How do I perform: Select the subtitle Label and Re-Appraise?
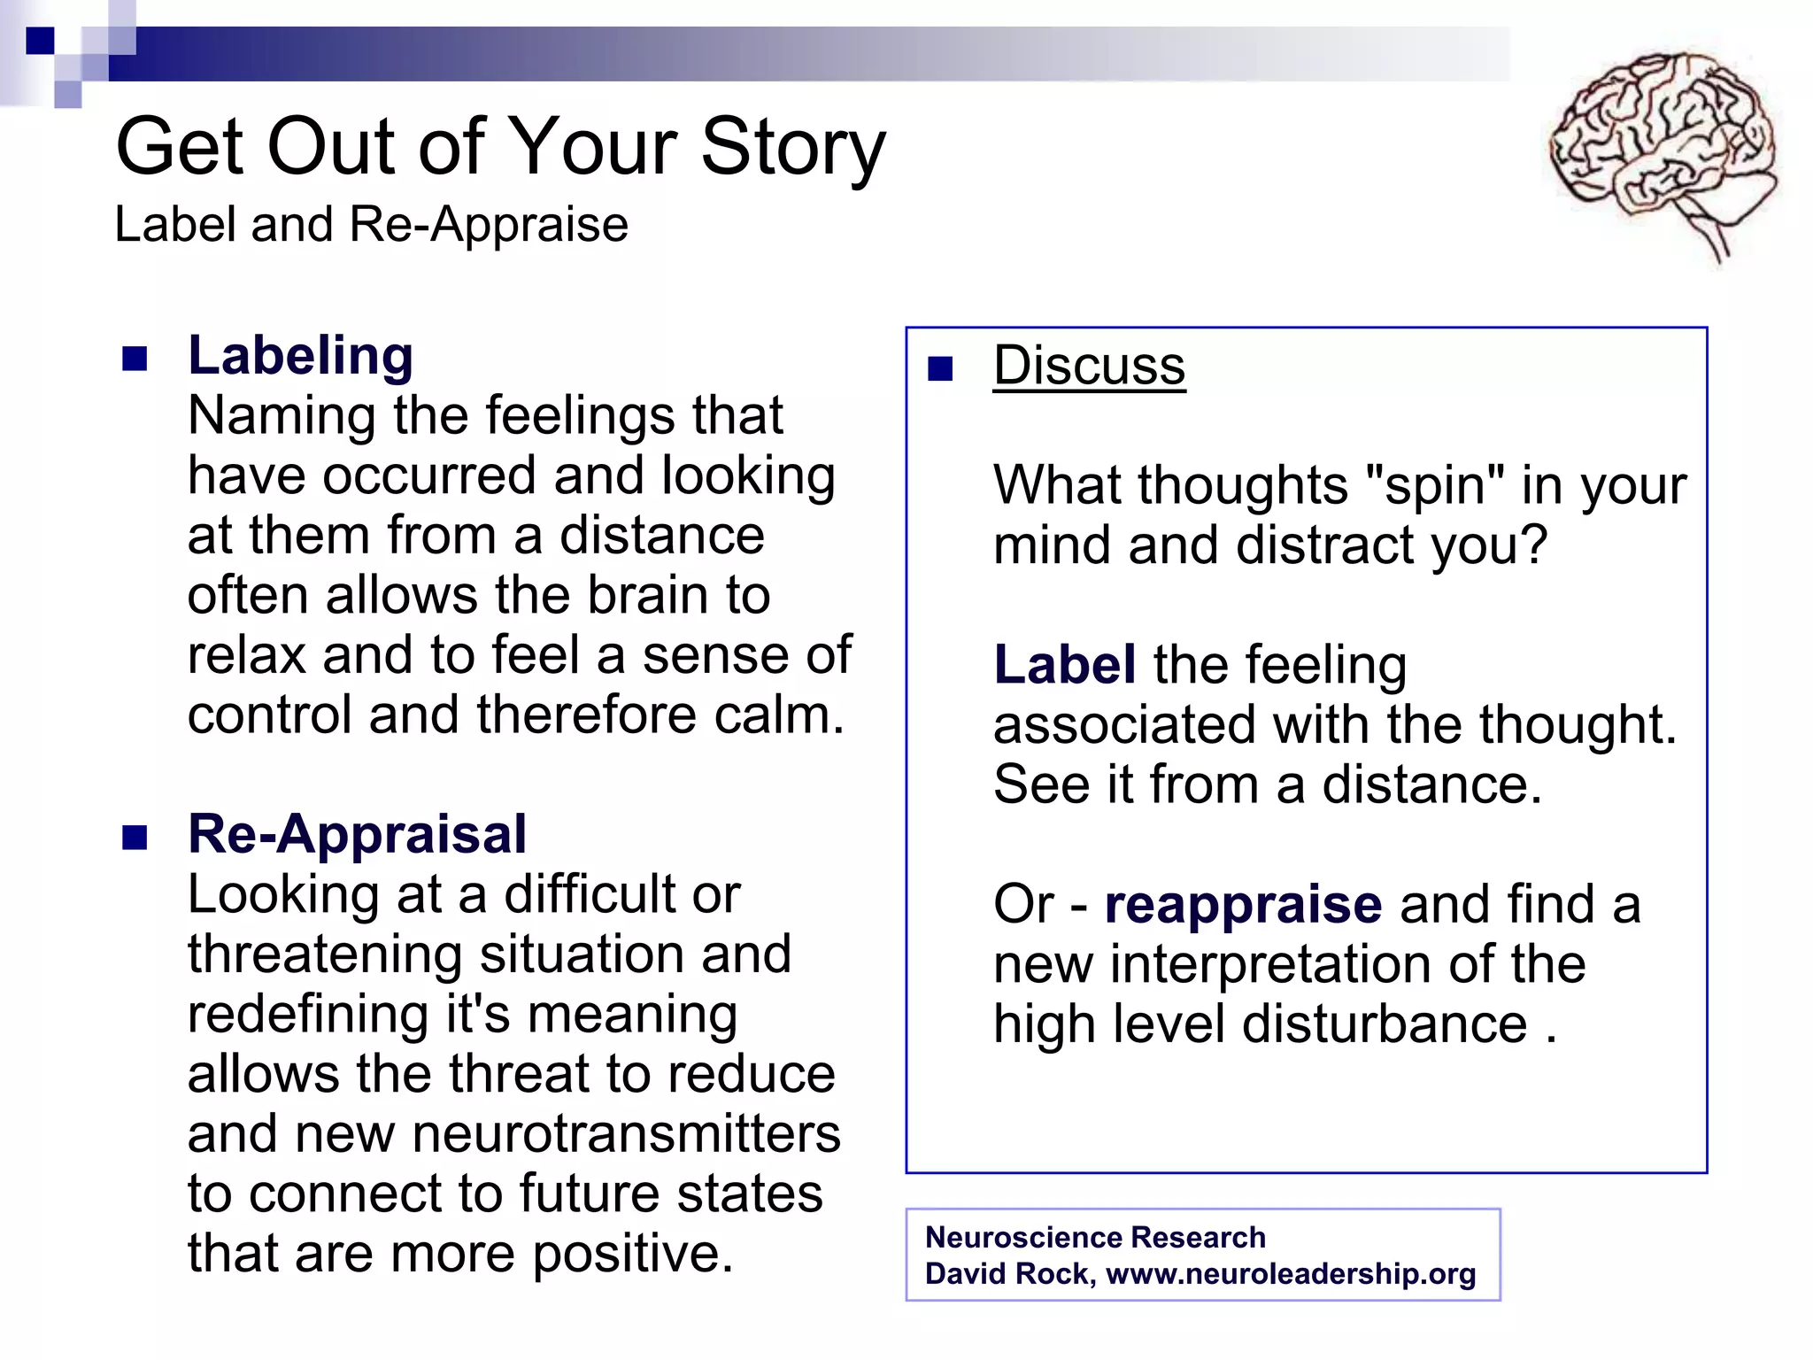[x=371, y=224]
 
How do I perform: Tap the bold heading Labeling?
[x=300, y=356]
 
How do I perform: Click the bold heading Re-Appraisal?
[x=357, y=834]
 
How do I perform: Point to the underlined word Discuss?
[x=1089, y=366]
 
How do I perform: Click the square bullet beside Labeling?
[x=135, y=359]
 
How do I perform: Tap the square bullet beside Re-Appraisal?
[x=135, y=838]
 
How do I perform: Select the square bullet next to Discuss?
[x=940, y=368]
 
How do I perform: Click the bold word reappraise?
[x=1243, y=904]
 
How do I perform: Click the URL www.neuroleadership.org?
[x=1291, y=1273]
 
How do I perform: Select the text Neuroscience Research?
[x=1095, y=1237]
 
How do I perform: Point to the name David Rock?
[x=1008, y=1273]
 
